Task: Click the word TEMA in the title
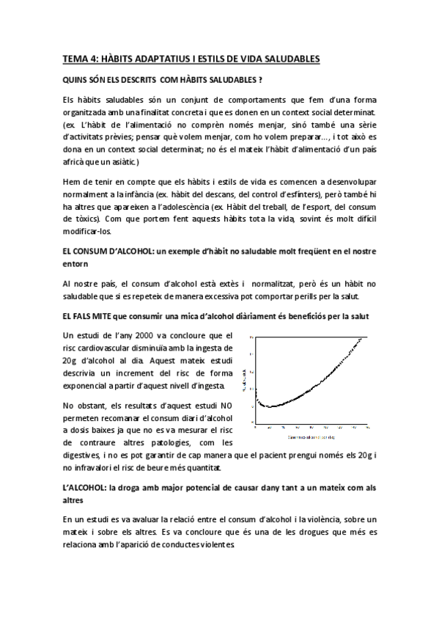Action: pyautogui.click(x=74, y=59)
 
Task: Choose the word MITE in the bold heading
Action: pyautogui.click(x=101, y=315)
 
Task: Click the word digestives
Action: pyautogui.click(x=84, y=455)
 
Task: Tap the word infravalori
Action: pyautogui.click(x=102, y=468)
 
